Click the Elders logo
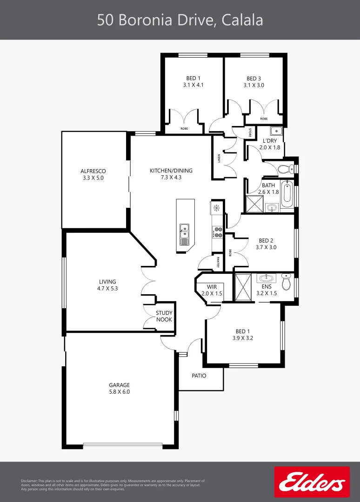coord(312,482)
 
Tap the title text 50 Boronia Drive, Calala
coord(180,20)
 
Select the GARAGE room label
coord(119,385)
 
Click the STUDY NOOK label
coord(164,316)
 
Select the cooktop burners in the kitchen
coord(217,232)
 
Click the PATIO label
coord(199,376)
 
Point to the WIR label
coord(212,287)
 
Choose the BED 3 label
coord(253,79)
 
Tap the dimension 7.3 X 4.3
coord(171,177)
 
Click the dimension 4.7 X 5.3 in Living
coord(107,288)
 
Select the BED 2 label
coord(266,240)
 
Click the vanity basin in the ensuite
coord(266,278)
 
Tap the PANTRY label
coord(218,263)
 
